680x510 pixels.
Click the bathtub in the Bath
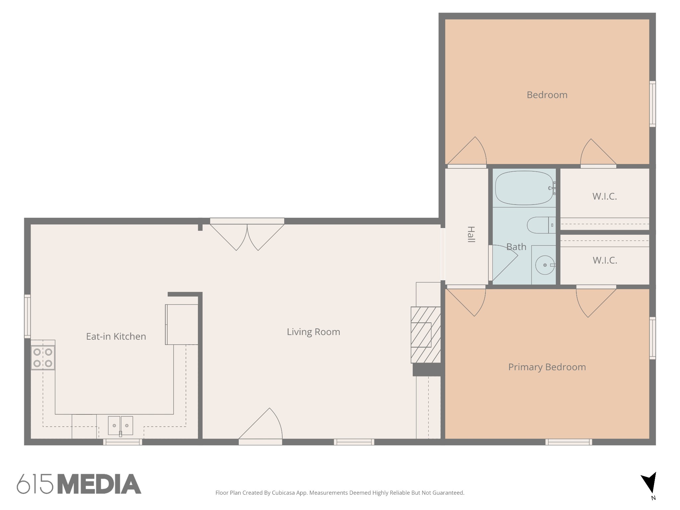(x=524, y=188)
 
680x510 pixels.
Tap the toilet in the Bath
(x=541, y=225)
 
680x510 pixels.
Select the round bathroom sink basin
(x=545, y=265)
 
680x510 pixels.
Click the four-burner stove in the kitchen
(x=43, y=358)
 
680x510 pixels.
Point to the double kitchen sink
(x=120, y=426)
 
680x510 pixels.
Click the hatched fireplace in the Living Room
(x=425, y=335)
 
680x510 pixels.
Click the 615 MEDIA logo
(x=79, y=484)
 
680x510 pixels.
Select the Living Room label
(x=313, y=332)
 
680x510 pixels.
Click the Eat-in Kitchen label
(x=116, y=337)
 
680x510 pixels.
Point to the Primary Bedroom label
(x=547, y=367)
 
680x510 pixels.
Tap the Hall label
(x=471, y=234)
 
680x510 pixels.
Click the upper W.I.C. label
(x=604, y=197)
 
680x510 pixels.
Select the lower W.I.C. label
(x=605, y=260)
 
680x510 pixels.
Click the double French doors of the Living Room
(x=247, y=234)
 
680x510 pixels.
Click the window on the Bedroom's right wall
(x=652, y=104)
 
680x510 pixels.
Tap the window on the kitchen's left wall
(x=28, y=316)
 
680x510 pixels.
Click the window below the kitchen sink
(x=123, y=442)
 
